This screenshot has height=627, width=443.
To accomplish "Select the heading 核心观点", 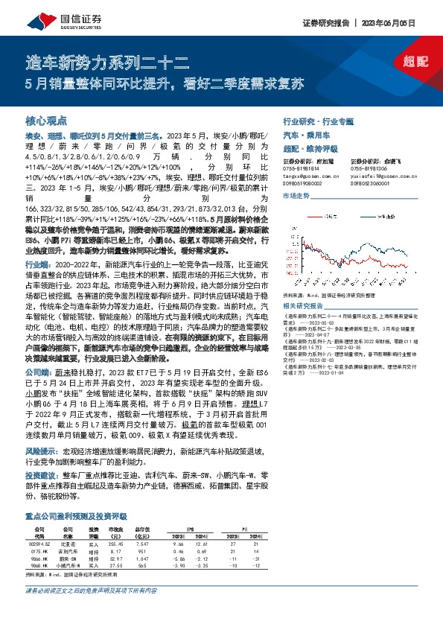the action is [46, 120].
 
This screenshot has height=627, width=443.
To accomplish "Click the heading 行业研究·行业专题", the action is [318, 121].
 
